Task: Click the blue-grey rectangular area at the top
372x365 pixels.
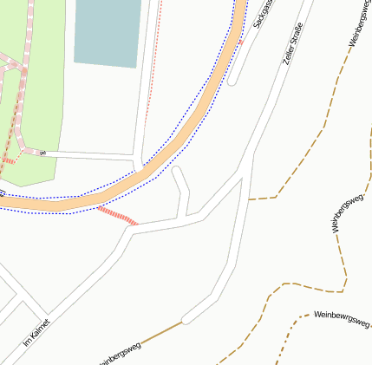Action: pos(108,31)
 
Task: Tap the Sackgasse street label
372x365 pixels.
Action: pos(263,16)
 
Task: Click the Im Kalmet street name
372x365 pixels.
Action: pos(36,335)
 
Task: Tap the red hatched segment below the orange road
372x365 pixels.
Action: pos(117,215)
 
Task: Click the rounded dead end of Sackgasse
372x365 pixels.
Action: pos(232,82)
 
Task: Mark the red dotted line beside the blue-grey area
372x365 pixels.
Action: pos(153,78)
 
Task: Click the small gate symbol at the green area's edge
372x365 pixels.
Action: pos(41,153)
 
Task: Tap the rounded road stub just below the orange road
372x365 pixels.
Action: pos(177,173)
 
